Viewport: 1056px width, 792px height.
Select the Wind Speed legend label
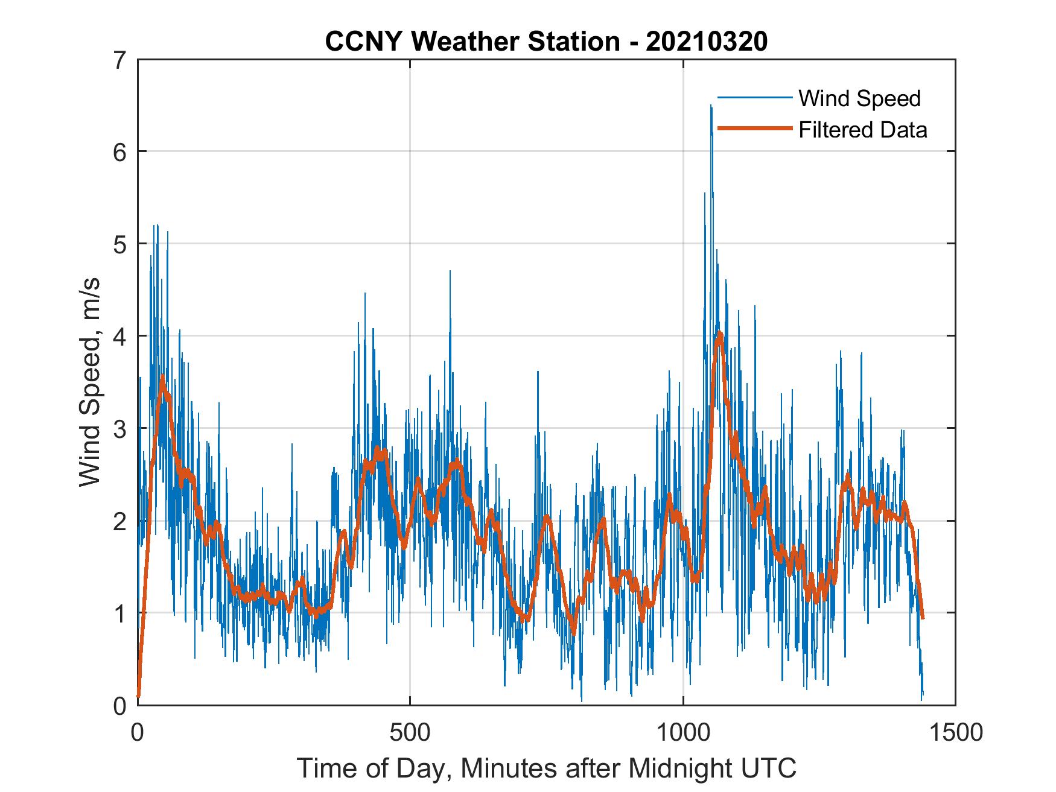[x=859, y=98]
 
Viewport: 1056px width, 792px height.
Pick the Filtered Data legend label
[x=862, y=130]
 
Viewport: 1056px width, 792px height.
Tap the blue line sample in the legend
[x=754, y=98]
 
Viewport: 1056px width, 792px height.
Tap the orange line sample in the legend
[x=754, y=128]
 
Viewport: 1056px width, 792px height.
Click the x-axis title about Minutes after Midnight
[x=547, y=768]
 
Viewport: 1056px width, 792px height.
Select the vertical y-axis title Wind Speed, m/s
[x=91, y=382]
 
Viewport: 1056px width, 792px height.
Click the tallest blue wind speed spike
[x=711, y=106]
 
